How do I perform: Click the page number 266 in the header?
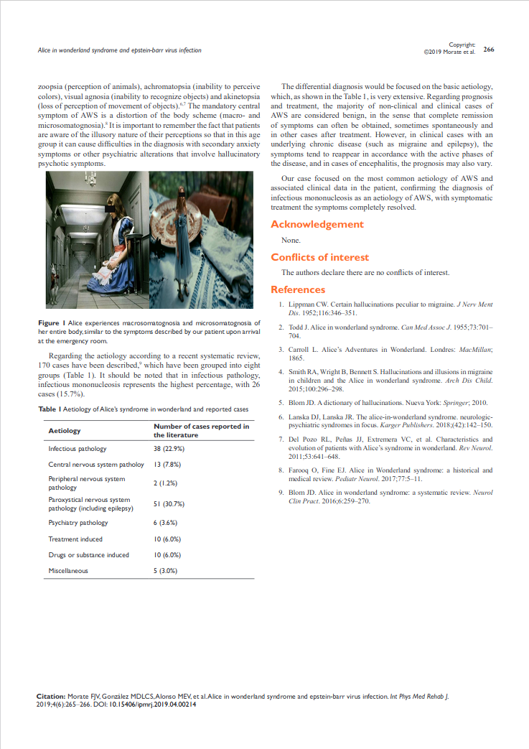point(489,50)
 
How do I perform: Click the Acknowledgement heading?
point(317,224)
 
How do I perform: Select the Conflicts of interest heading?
point(319,257)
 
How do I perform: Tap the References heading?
point(297,289)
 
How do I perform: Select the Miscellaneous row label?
point(68,571)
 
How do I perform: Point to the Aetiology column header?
point(64,430)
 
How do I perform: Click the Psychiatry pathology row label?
point(78,522)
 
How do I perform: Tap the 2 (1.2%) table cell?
point(165,483)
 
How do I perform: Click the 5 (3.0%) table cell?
point(165,571)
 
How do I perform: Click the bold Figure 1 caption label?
point(52,323)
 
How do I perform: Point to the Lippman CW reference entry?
point(385,309)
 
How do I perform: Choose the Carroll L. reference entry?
point(385,353)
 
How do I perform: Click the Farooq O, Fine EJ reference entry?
point(385,474)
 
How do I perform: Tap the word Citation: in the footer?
point(50,697)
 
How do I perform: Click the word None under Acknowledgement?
point(291,241)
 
